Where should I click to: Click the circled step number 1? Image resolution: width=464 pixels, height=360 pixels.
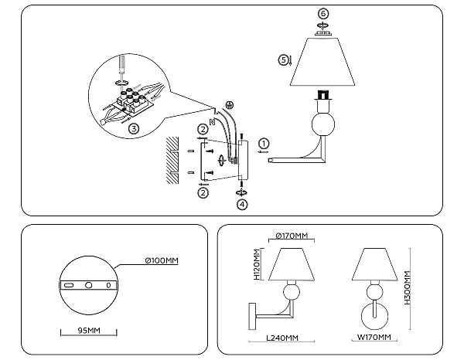point(264,144)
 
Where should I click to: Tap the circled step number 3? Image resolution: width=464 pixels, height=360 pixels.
point(134,129)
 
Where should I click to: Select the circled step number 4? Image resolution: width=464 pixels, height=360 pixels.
point(242,205)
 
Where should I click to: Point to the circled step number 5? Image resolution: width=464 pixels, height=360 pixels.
point(283,60)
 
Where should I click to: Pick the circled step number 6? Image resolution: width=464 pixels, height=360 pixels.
point(323,13)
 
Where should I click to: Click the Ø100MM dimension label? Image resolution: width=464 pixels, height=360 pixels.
point(162,260)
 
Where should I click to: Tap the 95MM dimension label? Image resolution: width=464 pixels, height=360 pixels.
point(89,331)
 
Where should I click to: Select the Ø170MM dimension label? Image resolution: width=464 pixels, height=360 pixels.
point(292,236)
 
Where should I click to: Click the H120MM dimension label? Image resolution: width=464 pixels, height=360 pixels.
point(257,264)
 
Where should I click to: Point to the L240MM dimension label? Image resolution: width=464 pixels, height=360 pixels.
point(282,338)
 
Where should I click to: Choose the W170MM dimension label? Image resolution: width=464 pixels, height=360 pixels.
point(374,337)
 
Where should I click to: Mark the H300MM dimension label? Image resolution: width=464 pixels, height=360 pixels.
point(408,288)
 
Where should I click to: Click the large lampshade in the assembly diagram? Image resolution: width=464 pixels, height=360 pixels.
point(322,62)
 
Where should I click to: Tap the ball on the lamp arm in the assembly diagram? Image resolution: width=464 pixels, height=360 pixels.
point(323,124)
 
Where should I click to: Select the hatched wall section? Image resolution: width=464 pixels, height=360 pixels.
point(172,160)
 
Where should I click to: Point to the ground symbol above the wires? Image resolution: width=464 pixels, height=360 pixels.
point(229,104)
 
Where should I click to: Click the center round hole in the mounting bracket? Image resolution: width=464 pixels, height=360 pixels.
point(88,285)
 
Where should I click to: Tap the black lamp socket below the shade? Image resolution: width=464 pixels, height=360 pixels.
point(323,94)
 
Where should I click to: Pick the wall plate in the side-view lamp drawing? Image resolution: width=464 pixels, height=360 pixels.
point(253,316)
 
